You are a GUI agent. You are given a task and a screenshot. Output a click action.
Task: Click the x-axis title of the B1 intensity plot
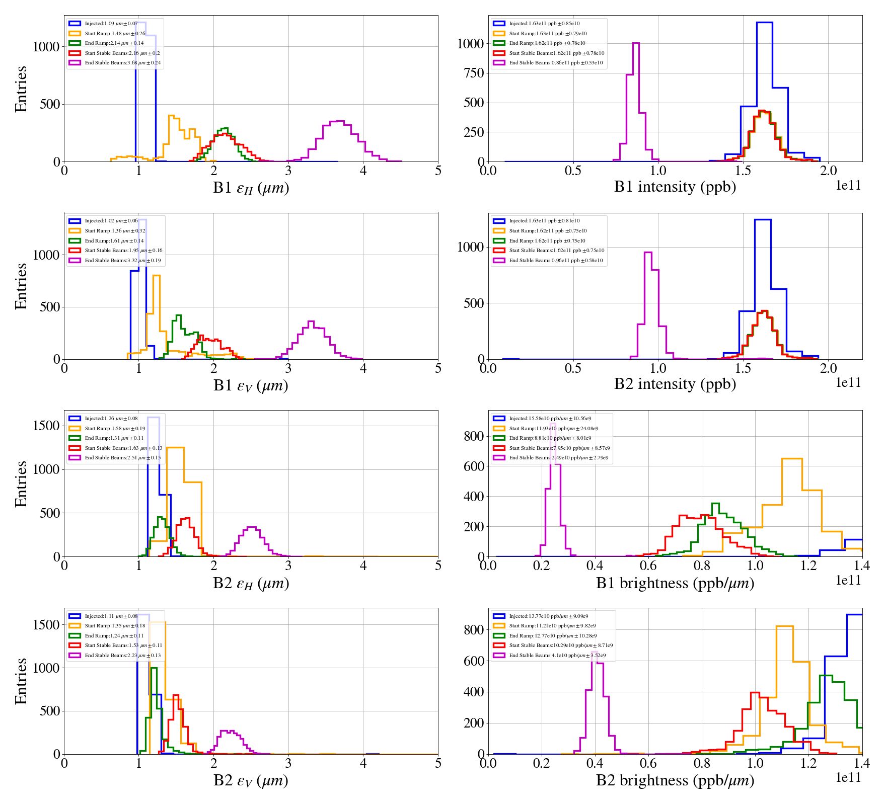(x=675, y=187)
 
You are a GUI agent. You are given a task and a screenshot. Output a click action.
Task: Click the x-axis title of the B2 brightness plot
(x=675, y=780)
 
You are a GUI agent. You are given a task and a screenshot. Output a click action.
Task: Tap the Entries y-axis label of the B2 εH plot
(x=21, y=484)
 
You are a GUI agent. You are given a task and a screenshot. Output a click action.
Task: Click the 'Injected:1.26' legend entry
(x=111, y=418)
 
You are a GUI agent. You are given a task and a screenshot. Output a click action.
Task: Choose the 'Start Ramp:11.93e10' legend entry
(x=553, y=428)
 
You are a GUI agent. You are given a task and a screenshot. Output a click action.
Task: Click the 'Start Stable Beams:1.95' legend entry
(x=123, y=250)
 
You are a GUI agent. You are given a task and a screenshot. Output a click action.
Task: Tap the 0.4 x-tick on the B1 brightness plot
(x=595, y=565)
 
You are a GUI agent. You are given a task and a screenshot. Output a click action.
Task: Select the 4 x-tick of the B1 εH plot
(x=363, y=170)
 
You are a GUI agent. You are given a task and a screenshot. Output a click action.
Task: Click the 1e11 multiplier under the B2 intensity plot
(x=848, y=383)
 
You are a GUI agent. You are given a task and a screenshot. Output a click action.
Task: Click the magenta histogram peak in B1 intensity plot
(x=636, y=44)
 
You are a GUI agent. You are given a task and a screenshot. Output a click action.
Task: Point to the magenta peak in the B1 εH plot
(x=337, y=121)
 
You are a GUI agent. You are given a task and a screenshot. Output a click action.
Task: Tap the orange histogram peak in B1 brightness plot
(x=792, y=459)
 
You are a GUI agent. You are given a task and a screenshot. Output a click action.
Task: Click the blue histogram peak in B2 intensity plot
(x=763, y=220)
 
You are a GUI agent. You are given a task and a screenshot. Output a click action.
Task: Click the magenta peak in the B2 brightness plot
(x=597, y=653)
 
